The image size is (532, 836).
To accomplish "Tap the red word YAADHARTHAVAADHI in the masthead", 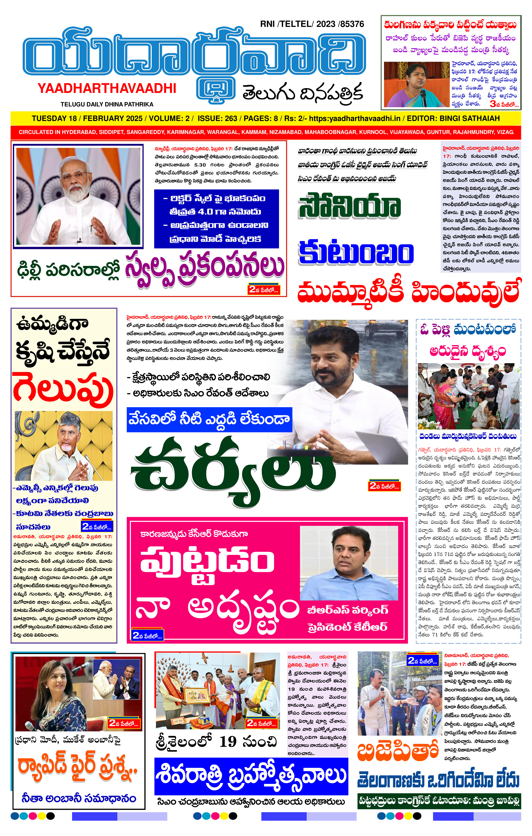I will tap(107, 89).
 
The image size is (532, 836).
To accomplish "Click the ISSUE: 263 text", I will tap(217, 118).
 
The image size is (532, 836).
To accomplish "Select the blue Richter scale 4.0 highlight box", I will tap(216, 219).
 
